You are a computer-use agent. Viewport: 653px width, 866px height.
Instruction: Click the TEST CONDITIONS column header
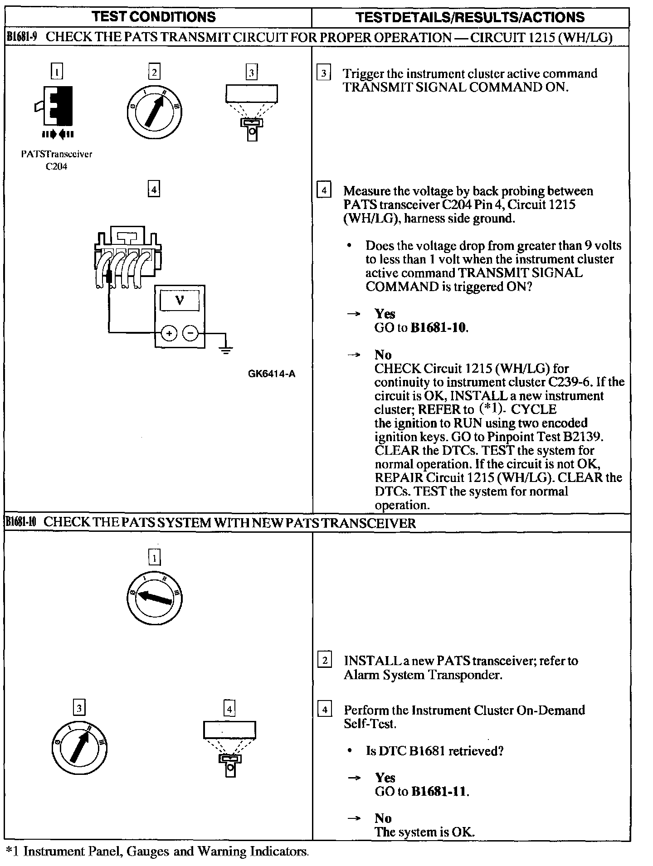tap(154, 17)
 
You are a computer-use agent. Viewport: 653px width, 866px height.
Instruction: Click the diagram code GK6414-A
tap(272, 374)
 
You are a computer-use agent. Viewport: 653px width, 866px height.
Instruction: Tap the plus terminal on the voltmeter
tap(169, 334)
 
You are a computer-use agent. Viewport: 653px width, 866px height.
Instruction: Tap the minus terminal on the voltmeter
tap(190, 334)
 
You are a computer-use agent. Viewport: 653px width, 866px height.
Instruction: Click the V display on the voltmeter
tap(180, 301)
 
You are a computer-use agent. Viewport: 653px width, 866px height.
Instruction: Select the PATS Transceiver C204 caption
tap(57, 160)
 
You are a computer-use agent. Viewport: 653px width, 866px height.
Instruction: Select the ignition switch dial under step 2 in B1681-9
tap(154, 111)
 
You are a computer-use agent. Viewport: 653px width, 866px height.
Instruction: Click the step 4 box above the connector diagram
tap(154, 189)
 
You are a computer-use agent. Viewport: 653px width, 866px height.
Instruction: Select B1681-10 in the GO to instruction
tap(439, 328)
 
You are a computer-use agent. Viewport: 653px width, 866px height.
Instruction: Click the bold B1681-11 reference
tap(439, 792)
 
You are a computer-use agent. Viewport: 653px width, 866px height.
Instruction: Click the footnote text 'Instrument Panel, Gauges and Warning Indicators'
tap(166, 851)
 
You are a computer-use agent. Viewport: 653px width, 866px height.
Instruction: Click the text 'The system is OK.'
tap(424, 832)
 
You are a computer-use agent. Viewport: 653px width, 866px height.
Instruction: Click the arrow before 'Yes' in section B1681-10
tap(354, 778)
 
